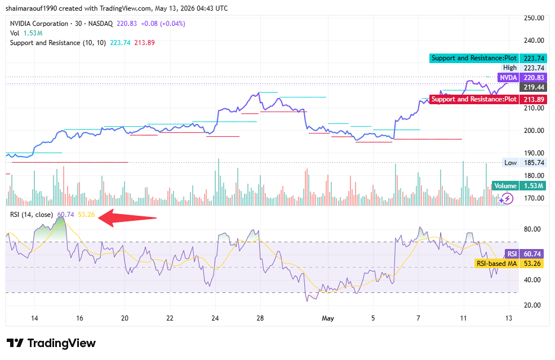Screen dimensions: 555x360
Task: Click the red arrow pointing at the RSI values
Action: pos(127,217)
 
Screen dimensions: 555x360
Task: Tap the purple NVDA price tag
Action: pos(508,78)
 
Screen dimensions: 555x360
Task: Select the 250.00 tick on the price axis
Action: pos(534,18)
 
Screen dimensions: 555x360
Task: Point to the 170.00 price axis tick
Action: pos(534,198)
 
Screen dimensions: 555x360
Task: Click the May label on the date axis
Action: pos(328,318)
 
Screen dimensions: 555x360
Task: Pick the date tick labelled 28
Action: pos(260,318)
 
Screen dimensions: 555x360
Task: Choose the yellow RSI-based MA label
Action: pos(496,264)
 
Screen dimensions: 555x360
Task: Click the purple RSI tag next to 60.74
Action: pos(512,254)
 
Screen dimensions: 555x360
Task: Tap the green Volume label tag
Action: pos(505,186)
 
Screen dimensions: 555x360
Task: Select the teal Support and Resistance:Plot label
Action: pos(474,58)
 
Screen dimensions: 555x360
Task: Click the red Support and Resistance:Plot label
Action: pos(474,99)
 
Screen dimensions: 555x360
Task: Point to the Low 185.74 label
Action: pos(524,163)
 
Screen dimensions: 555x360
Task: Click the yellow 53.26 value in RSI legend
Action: pos(86,215)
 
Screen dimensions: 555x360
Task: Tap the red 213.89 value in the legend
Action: pos(144,43)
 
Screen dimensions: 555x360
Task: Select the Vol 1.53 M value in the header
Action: pos(33,33)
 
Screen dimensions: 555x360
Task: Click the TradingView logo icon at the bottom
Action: pos(15,343)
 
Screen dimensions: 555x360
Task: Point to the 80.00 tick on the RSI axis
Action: pos(532,229)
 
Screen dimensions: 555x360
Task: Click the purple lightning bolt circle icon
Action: pos(507,198)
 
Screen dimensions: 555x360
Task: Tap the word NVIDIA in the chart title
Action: pos(20,24)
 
